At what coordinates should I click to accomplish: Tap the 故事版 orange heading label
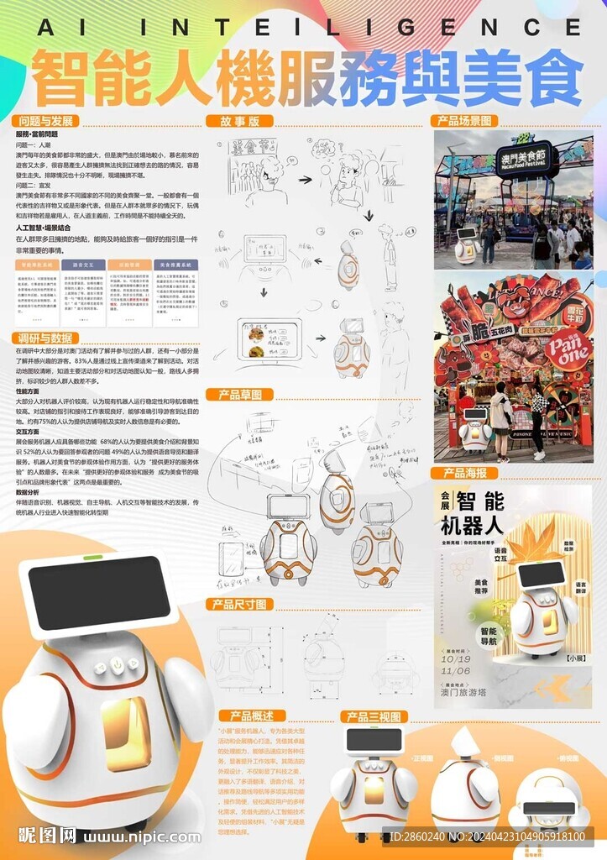pyautogui.click(x=239, y=121)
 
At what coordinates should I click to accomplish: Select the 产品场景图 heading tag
pyautogui.click(x=464, y=121)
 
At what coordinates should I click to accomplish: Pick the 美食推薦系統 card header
pyautogui.click(x=174, y=264)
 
